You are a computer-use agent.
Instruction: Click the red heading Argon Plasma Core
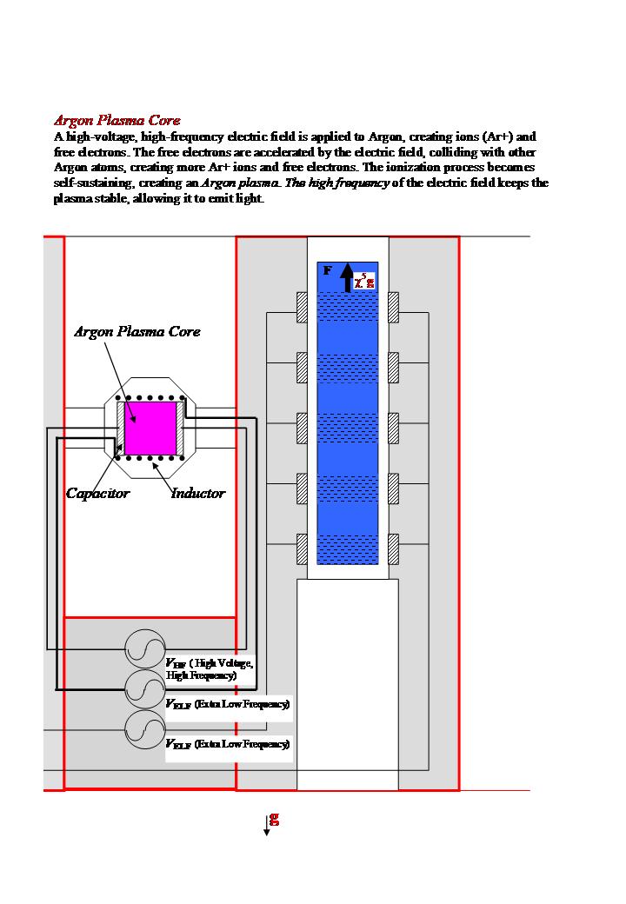pyautogui.click(x=117, y=120)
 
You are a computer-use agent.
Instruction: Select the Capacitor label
pyautogui.click(x=97, y=494)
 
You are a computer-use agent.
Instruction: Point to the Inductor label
pyautogui.click(x=197, y=494)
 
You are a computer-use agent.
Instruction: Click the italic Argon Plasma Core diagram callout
pyautogui.click(x=137, y=332)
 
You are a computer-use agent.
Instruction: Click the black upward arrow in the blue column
pyautogui.click(x=347, y=276)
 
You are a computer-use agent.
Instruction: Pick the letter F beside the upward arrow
pyautogui.click(x=327, y=270)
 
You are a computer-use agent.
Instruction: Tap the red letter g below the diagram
pyautogui.click(x=275, y=819)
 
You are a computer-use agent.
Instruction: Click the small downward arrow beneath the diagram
pyautogui.click(x=267, y=828)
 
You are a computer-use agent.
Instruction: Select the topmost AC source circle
pyautogui.click(x=145, y=648)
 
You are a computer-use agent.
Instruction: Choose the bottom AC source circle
pyautogui.click(x=145, y=730)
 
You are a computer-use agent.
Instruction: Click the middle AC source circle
pyautogui.click(x=145, y=688)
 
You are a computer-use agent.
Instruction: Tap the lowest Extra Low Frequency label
pyautogui.click(x=227, y=745)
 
